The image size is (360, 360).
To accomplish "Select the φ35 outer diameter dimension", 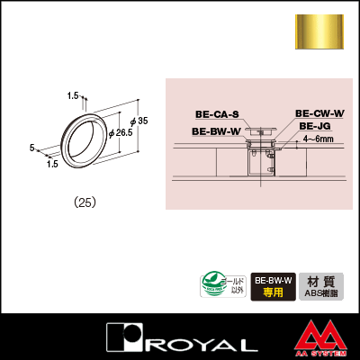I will [x=137, y=121].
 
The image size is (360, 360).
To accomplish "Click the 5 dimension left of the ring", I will [x=31, y=148].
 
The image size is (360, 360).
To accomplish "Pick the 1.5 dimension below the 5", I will [x=51, y=164].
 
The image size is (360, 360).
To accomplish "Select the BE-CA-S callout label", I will [x=217, y=114].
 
